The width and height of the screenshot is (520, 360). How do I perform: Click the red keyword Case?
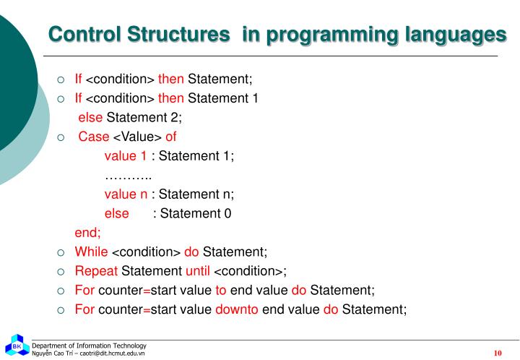[93, 137]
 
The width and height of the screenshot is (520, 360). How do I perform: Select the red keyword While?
[92, 252]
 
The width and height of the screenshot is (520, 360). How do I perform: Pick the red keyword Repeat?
[97, 271]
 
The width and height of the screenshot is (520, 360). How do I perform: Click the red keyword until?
[198, 271]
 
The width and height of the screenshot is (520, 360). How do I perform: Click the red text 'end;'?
[88, 233]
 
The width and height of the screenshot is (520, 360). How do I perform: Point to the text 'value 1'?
[126, 156]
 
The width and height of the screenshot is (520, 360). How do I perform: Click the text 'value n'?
[126, 194]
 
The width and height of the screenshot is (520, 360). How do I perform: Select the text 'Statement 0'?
[196, 213]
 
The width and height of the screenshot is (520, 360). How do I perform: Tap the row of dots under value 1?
[128, 176]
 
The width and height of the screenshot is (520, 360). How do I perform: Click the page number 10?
[498, 353]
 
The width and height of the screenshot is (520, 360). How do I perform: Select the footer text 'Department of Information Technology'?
[89, 346]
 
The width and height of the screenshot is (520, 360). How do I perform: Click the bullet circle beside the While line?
[61, 252]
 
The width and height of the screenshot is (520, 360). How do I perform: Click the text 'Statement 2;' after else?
[144, 118]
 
